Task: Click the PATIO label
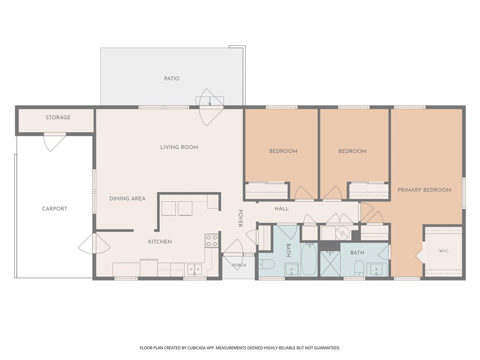coord(172,78)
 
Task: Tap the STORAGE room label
coord(58,117)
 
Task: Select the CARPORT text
coord(54,209)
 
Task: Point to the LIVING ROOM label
coord(179,147)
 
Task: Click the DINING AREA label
coord(127,198)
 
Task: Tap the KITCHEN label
coord(160,242)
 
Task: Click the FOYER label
coord(240,218)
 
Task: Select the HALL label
coord(282,209)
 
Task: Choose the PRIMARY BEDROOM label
coord(424,190)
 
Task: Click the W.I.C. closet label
coord(444,251)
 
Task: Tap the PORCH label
coord(239,265)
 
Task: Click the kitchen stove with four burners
coord(212,240)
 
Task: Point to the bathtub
coord(309,259)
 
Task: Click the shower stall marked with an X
coord(330,264)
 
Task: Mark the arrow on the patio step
coord(210,101)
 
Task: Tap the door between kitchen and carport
coord(94,243)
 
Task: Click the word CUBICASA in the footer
coord(196,348)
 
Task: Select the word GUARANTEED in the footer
coord(326,348)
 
